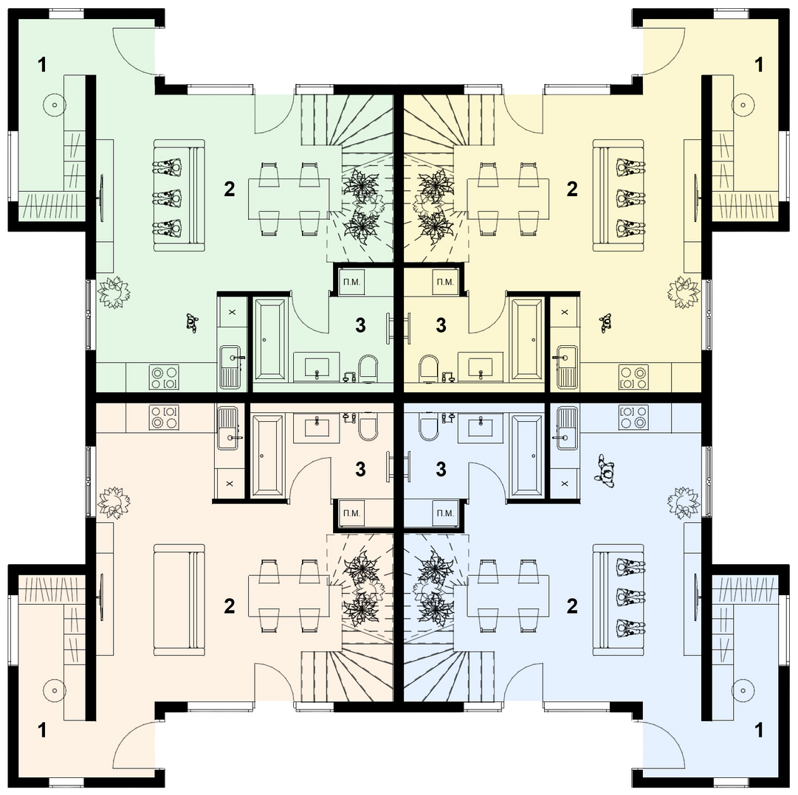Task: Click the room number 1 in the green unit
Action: coord(42,65)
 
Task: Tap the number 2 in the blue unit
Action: coord(572,605)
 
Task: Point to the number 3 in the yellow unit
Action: coord(441,325)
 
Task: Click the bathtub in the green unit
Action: coord(270,339)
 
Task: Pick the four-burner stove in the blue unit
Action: coord(633,417)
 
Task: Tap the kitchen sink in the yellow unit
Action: coord(566,367)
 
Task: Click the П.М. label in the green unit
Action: coord(351,282)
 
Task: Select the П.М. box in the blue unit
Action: coord(445,513)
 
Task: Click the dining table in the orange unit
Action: coord(289,595)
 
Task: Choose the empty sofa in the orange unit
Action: coord(179,600)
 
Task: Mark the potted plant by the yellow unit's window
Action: coord(684,292)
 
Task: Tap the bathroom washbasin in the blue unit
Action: coord(480,426)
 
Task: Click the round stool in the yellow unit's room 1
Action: coord(743,105)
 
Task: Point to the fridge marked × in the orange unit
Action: coord(230,483)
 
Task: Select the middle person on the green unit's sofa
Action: coord(168,195)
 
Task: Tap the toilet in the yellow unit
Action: coord(428,369)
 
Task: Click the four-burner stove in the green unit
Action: coord(164,378)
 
